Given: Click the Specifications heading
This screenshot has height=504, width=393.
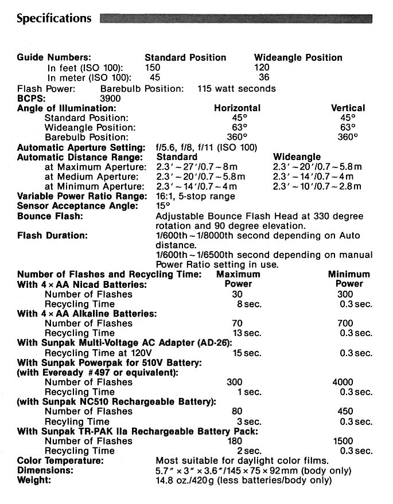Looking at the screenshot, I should pyautogui.click(x=54, y=18).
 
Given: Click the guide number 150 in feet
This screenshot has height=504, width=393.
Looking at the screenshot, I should pyautogui.click(x=153, y=68).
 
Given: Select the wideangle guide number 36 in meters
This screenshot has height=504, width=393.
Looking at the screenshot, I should pyautogui.click(x=264, y=77).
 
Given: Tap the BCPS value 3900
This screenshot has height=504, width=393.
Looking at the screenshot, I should pyautogui.click(x=110, y=98).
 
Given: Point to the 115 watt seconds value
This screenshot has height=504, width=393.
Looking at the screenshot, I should pyautogui.click(x=236, y=88).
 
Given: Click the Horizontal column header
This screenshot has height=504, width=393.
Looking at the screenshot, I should pyautogui.click(x=237, y=108).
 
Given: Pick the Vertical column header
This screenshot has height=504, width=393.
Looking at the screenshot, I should pyautogui.click(x=348, y=108).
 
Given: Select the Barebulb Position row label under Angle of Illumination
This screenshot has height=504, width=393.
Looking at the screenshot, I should pyautogui.click(x=86, y=137).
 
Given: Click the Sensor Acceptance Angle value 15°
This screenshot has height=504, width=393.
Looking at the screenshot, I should pyautogui.click(x=164, y=206).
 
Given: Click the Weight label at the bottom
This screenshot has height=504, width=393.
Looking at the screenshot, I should pyautogui.click(x=34, y=480).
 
